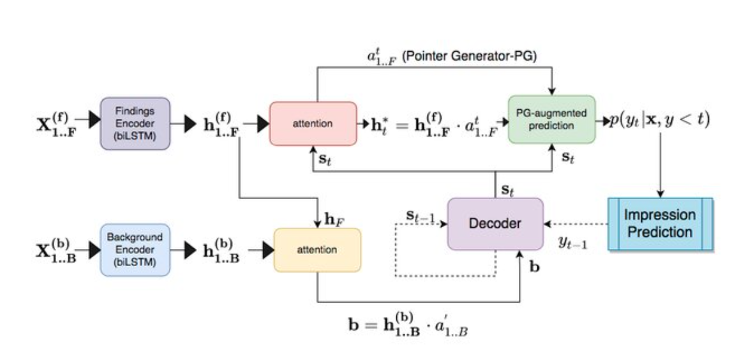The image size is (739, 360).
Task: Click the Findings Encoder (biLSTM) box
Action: click(135, 123)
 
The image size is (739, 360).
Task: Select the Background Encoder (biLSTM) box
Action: click(135, 250)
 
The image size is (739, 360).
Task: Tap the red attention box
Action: click(313, 123)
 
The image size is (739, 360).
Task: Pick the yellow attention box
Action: click(317, 250)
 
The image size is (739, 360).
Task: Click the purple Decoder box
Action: click(495, 223)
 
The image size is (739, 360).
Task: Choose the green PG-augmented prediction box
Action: click(551, 119)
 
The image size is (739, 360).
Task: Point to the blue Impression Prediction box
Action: click(660, 223)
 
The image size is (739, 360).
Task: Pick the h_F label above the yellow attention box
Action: click(331, 220)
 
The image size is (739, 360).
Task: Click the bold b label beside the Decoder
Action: click(535, 267)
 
